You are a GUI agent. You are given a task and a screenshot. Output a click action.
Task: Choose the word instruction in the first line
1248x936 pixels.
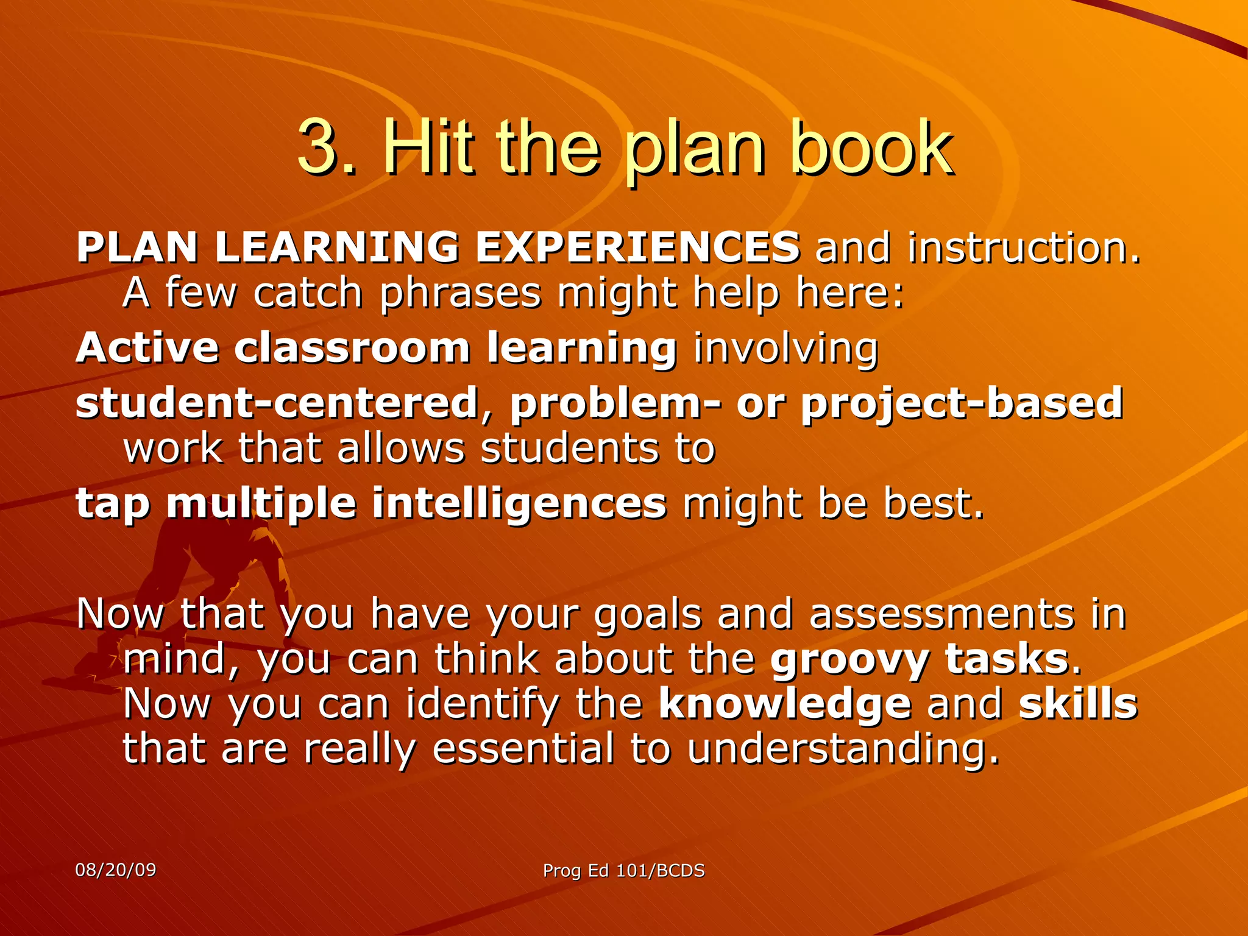pos(1023,247)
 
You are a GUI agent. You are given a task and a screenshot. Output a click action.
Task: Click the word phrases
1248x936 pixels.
pos(460,294)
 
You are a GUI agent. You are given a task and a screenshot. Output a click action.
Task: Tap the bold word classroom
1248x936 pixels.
pos(352,348)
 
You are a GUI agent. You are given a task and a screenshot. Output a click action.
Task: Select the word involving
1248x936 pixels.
pos(786,349)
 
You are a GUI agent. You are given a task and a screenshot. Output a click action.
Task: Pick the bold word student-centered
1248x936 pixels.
pos(277,403)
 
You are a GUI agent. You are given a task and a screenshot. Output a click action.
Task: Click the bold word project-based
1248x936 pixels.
pos(962,404)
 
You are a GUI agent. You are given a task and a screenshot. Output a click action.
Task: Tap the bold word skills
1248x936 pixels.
pos(1077,704)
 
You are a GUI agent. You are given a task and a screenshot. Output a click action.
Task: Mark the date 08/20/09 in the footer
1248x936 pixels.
pos(116,870)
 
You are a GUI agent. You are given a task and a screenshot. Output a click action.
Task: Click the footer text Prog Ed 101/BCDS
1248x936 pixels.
pos(623,871)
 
